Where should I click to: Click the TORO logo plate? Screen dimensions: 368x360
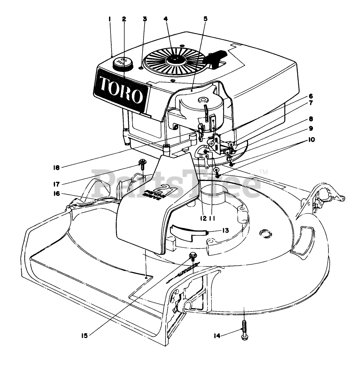click(x=121, y=90)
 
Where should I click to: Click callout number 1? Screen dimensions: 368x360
click(x=110, y=18)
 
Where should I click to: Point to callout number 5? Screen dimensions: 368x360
click(x=205, y=18)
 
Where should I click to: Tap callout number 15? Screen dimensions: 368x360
click(x=86, y=335)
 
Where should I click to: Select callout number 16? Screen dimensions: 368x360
click(x=57, y=194)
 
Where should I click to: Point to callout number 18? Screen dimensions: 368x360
click(x=56, y=168)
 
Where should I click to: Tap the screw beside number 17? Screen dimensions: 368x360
click(x=142, y=163)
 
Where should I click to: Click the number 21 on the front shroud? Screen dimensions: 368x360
click(x=164, y=190)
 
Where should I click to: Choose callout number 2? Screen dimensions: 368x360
click(x=124, y=18)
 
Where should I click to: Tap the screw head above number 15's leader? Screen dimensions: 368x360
click(x=193, y=256)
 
